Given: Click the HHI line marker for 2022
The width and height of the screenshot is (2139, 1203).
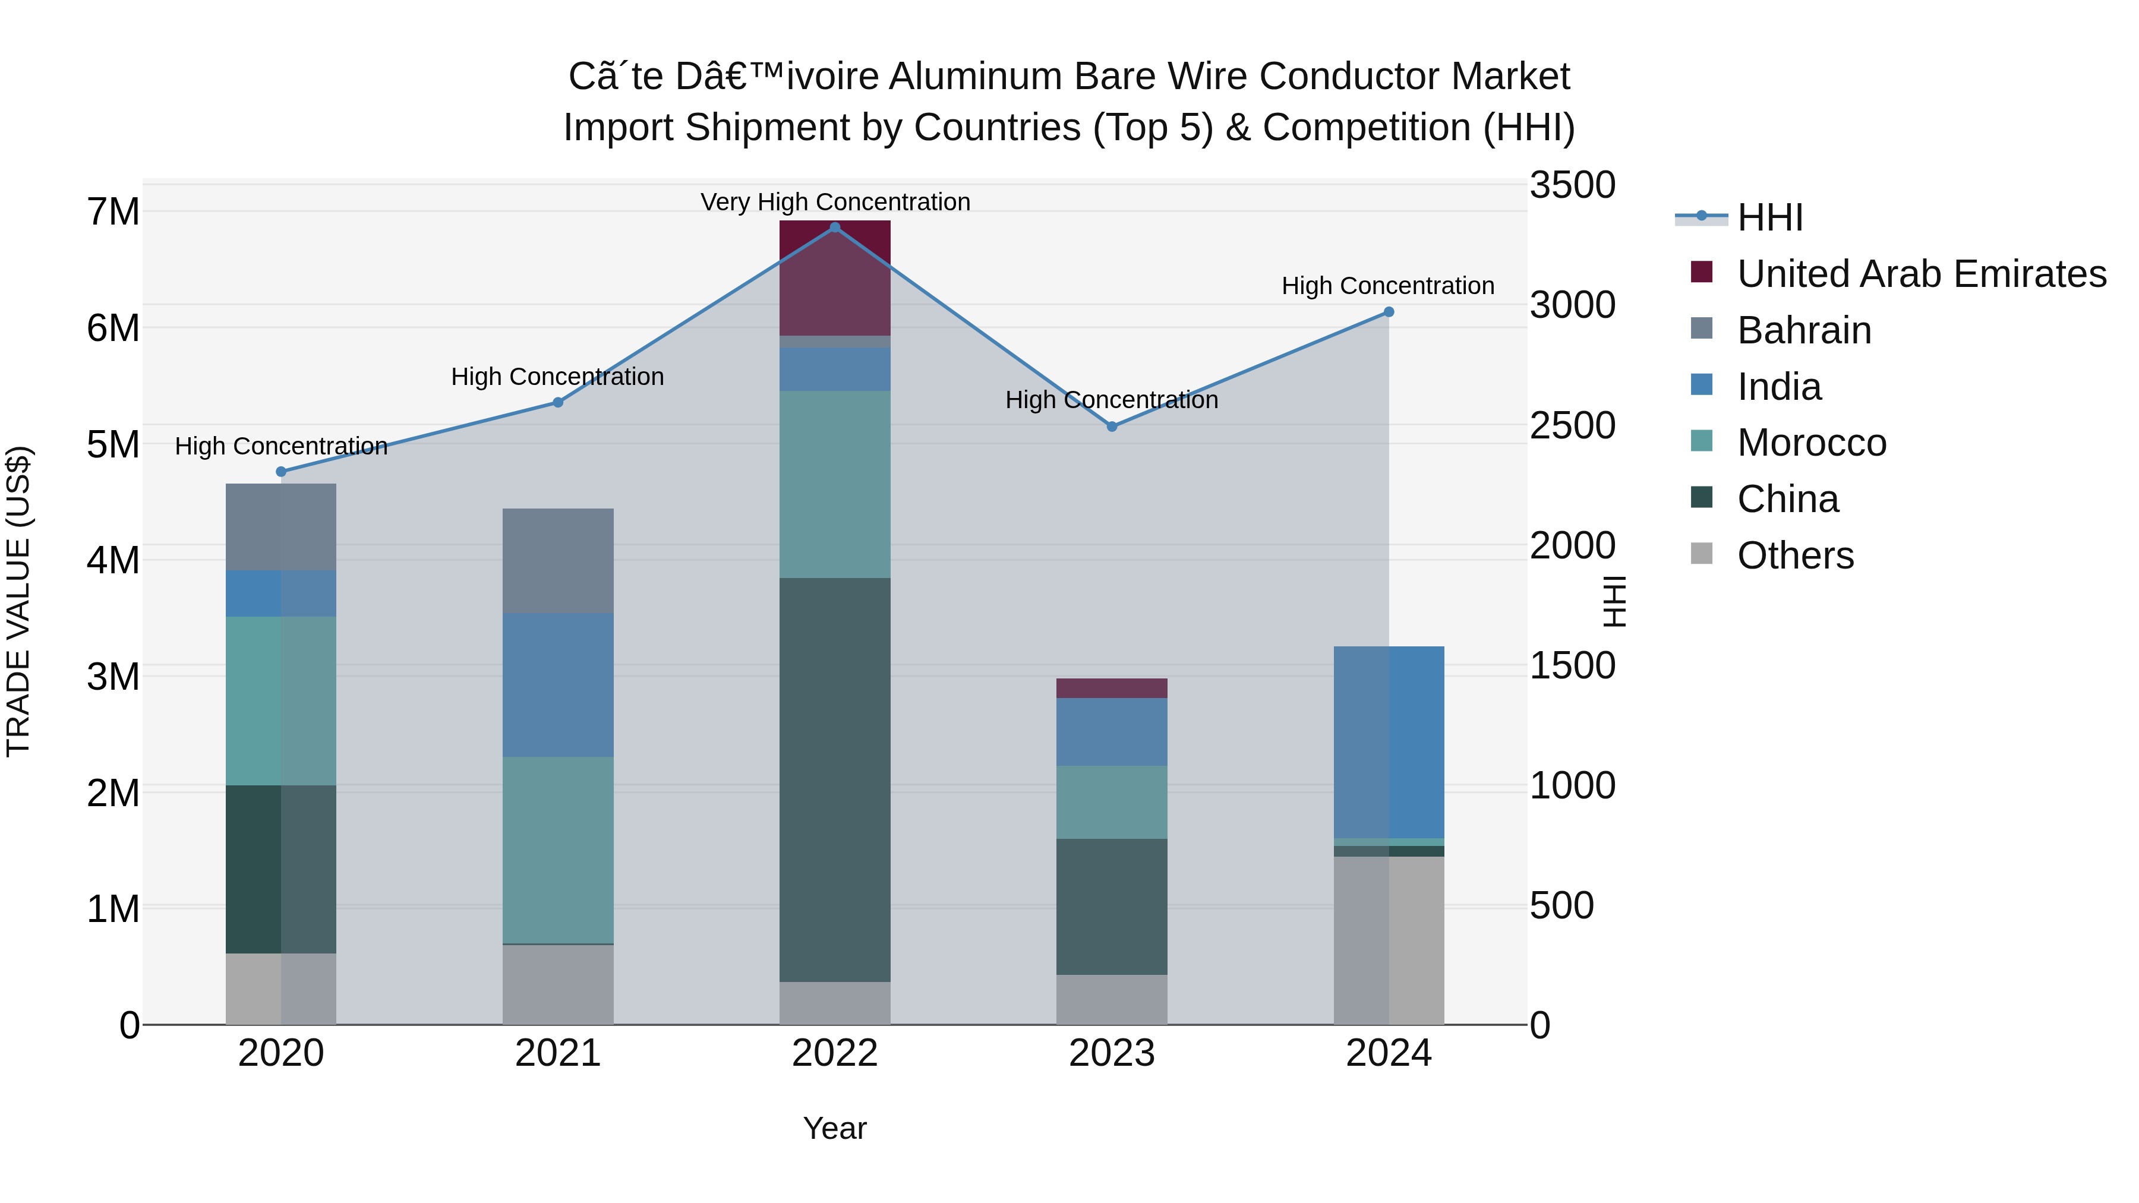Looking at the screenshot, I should tap(835, 228).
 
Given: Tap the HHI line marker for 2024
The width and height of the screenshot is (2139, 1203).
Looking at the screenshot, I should tap(1389, 312).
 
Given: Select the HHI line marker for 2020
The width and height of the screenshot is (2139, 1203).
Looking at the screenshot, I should tap(280, 472).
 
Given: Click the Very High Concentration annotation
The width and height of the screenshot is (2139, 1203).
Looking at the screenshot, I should tap(835, 202).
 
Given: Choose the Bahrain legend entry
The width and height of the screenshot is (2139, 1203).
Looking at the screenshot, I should tap(1803, 330).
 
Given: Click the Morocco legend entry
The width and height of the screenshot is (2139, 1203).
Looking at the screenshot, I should tap(1811, 443).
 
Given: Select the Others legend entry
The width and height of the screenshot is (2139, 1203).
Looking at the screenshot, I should tap(1794, 555).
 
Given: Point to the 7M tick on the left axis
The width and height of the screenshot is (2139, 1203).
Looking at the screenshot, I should tap(113, 211).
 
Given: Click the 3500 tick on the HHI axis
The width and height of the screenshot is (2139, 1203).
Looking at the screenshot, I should tap(1572, 185).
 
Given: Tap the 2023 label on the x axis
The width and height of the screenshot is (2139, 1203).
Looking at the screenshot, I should tap(1111, 1053).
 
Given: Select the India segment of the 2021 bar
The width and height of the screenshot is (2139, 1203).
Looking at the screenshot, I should tap(558, 685).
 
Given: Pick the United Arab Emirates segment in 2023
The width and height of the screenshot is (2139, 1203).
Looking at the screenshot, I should tap(1111, 689).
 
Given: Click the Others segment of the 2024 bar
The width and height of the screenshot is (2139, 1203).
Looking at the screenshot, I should tap(1389, 940).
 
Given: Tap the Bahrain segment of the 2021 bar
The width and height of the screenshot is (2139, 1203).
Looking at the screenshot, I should tap(558, 561).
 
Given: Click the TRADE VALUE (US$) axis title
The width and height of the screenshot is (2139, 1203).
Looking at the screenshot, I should tap(18, 601).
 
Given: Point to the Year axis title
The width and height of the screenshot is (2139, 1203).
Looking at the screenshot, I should tap(835, 1128).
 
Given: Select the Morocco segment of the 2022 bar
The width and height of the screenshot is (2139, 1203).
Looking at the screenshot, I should tap(835, 484).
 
